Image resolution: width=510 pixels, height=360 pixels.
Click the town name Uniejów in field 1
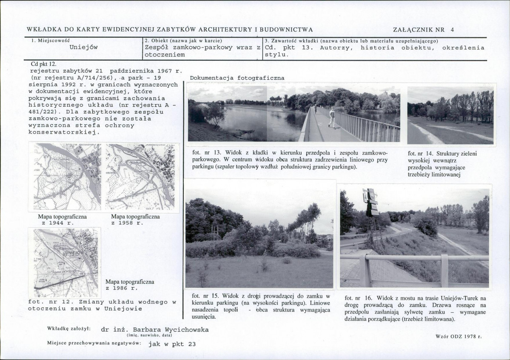click(84, 47)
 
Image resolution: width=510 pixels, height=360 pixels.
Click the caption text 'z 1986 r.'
click(122, 288)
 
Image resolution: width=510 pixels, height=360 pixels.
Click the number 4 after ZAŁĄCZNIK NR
click(452, 30)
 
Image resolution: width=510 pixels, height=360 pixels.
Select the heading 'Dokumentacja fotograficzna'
click(237, 78)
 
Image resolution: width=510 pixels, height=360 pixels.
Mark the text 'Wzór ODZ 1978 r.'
click(459, 336)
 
